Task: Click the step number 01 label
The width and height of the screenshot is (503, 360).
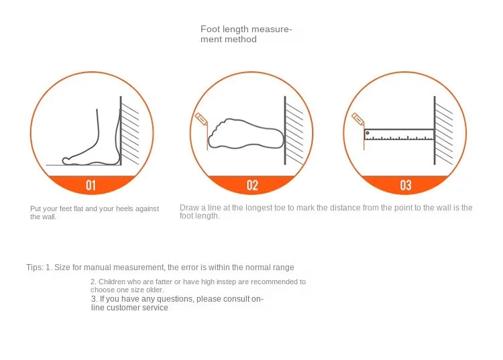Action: (x=91, y=185)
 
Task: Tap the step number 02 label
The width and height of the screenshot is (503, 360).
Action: (x=252, y=185)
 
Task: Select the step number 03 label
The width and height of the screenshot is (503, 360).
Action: (x=405, y=185)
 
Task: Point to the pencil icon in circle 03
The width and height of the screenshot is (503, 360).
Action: (x=357, y=119)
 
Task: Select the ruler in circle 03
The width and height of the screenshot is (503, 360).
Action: (x=399, y=135)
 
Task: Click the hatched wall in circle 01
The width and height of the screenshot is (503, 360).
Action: (x=130, y=131)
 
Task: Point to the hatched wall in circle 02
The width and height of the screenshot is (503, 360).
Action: (x=294, y=131)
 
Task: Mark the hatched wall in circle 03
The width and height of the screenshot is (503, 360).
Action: (x=444, y=131)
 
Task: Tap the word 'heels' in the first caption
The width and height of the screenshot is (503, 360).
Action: (x=120, y=209)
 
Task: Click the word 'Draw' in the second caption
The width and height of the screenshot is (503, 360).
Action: (x=188, y=208)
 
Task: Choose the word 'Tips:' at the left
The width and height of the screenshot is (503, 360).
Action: (x=35, y=267)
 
